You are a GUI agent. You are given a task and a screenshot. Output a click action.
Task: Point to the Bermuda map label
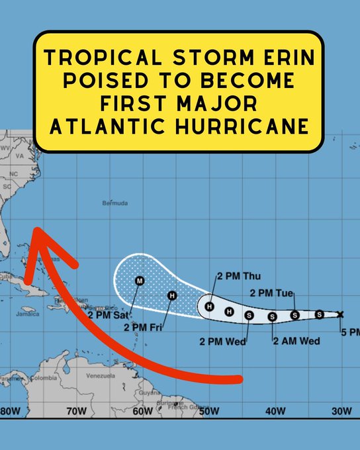coord(114,203)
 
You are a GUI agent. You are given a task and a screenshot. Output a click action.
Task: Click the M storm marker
coord(140,281)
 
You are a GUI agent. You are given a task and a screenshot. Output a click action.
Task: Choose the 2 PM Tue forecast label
coord(272,292)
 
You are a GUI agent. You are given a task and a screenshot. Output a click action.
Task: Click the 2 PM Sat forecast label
coord(111,314)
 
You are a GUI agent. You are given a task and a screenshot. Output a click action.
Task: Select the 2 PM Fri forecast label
coord(144,327)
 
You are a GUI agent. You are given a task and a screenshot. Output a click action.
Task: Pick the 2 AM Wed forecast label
coord(296,341)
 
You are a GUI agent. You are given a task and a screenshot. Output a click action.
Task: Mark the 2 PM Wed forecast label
coord(223,341)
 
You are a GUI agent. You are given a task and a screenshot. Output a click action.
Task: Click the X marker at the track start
coord(340,314)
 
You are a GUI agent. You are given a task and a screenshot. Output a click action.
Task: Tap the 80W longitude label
coord(10,410)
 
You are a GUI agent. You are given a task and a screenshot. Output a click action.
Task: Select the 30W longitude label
coord(341,410)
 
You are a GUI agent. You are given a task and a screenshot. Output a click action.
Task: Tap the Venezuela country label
coord(100,375)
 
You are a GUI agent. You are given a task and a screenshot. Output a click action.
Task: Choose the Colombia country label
coord(43,379)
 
